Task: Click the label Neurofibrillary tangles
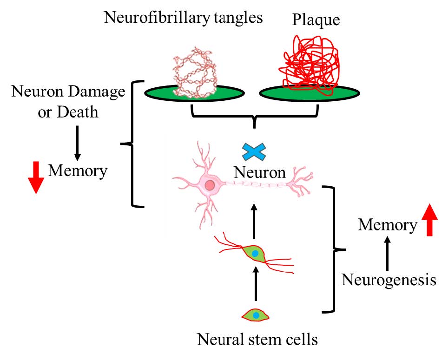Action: click(184, 18)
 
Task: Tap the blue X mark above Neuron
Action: click(255, 152)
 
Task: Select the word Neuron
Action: click(259, 172)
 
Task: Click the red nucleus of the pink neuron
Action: click(210, 186)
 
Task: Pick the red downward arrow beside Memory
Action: click(36, 178)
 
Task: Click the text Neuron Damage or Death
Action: click(68, 101)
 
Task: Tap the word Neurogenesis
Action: click(389, 280)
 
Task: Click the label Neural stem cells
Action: click(257, 340)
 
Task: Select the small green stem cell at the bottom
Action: click(256, 315)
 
